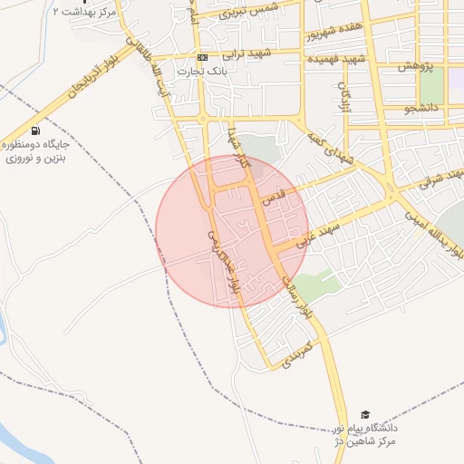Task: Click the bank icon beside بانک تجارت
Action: (202, 57)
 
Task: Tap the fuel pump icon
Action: (35, 130)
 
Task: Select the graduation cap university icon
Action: (365, 414)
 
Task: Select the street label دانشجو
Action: (422, 109)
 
